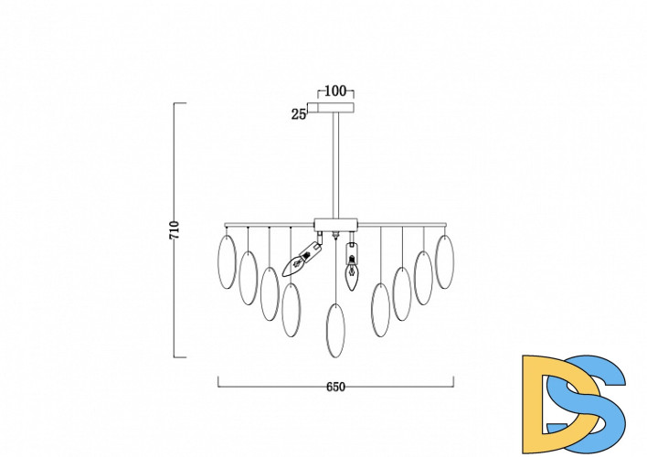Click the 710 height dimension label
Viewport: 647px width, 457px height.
(175, 230)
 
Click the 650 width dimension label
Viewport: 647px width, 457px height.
(335, 387)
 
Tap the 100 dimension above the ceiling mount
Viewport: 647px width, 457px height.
(335, 90)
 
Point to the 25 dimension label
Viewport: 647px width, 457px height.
(299, 114)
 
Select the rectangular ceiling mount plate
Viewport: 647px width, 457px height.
(335, 107)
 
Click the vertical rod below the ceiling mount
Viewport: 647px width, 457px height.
(336, 165)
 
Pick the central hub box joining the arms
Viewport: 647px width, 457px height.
(335, 225)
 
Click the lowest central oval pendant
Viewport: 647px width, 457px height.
(335, 331)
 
